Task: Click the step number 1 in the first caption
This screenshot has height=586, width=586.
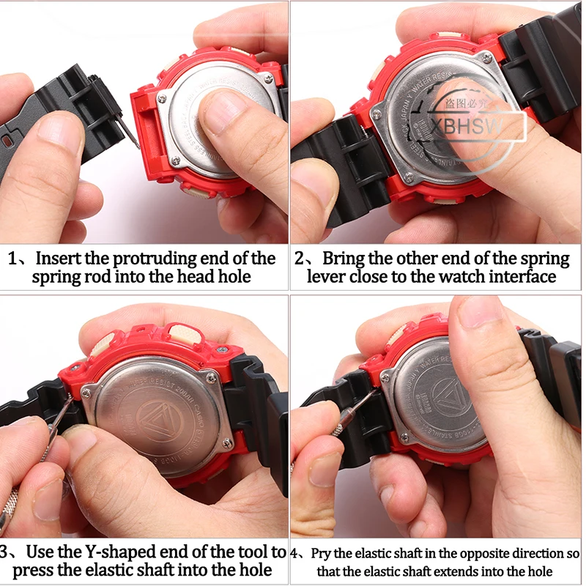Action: tap(15, 259)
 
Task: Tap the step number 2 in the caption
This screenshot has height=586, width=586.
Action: tap(300, 259)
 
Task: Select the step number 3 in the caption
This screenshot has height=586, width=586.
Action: tap(7, 551)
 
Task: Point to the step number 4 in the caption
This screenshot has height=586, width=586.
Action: tap(294, 553)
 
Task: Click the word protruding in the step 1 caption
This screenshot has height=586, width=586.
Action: tap(163, 259)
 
